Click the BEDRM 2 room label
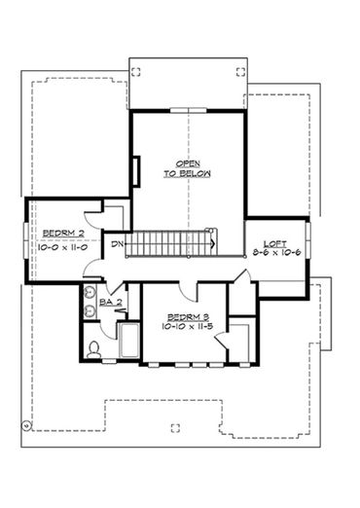point(63,233)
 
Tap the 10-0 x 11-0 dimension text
point(63,247)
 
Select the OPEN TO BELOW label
point(188,168)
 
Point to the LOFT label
point(275,244)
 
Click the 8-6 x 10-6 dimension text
point(276,252)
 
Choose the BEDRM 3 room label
point(188,317)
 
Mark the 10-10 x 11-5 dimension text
point(187,326)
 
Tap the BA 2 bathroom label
point(111,303)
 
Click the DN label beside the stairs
point(118,244)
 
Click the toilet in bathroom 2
point(93,350)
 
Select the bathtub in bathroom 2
point(129,340)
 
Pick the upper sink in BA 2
point(89,292)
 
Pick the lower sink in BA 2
point(89,311)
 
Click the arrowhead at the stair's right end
point(213,243)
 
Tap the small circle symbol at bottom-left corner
point(26,424)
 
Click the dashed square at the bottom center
point(175,428)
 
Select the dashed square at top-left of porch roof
point(136,72)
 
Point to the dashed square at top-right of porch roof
point(240,72)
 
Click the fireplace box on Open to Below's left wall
point(136,171)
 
